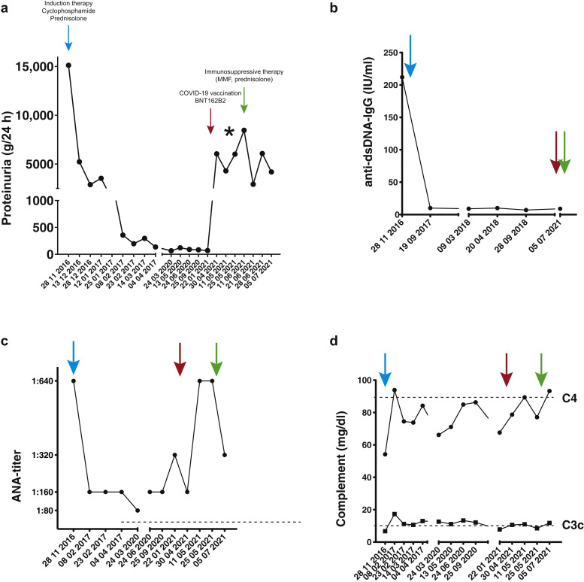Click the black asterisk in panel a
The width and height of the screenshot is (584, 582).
point(229,133)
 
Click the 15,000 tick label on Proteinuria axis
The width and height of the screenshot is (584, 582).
point(35,66)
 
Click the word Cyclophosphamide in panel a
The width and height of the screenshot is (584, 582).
point(68,13)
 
